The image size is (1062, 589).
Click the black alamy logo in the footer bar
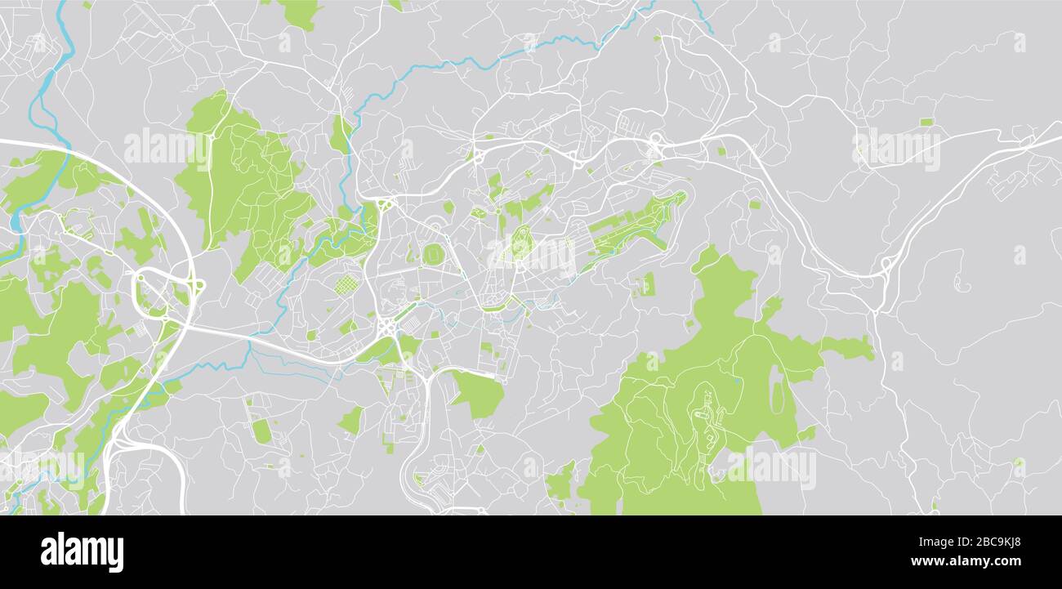82,551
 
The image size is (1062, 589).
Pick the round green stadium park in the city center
433,254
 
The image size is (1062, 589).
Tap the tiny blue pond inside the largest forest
737,379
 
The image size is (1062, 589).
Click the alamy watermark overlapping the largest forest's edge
770,468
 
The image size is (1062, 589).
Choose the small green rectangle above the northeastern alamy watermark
926,123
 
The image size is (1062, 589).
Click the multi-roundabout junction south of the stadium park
386,327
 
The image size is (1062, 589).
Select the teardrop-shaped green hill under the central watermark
520,243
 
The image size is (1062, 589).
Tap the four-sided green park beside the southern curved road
479,395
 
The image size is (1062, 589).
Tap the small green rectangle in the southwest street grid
261,431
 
